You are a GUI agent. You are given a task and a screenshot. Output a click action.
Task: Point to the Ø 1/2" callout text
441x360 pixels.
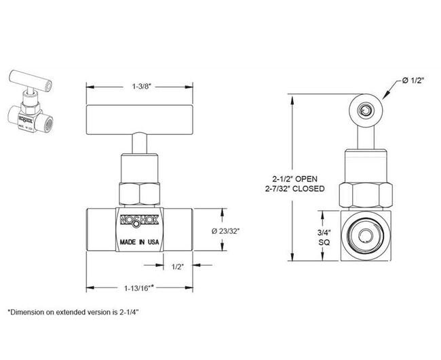(413, 81)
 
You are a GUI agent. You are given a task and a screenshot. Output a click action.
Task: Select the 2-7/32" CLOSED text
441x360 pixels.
(296, 188)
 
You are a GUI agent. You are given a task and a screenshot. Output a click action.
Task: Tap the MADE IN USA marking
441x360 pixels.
(139, 241)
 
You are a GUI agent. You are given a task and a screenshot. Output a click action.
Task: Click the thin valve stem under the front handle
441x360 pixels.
(138, 144)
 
